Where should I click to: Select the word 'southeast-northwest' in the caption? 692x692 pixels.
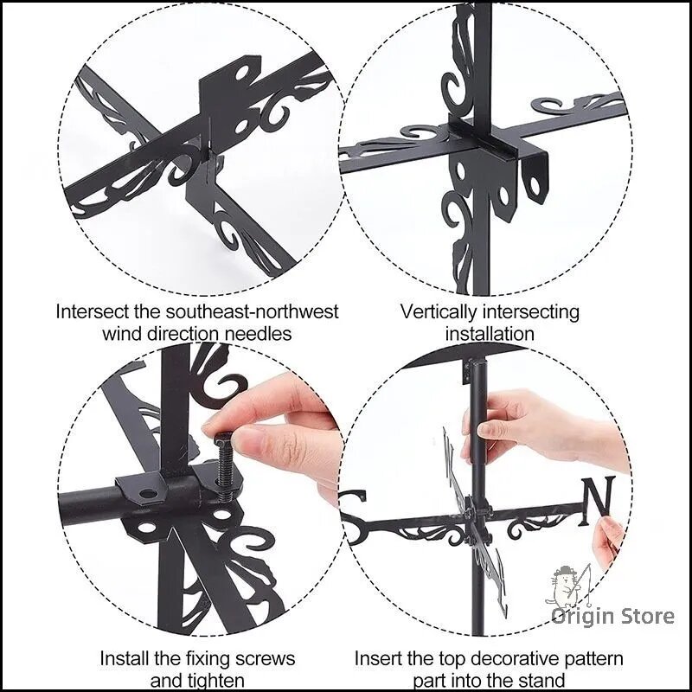pos(252,311)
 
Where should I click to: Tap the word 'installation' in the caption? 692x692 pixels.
pos(490,334)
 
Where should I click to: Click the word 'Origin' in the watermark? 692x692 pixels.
pos(582,617)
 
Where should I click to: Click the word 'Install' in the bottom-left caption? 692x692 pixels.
pos(125,659)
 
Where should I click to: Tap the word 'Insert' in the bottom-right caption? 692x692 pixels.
pos(378,659)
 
